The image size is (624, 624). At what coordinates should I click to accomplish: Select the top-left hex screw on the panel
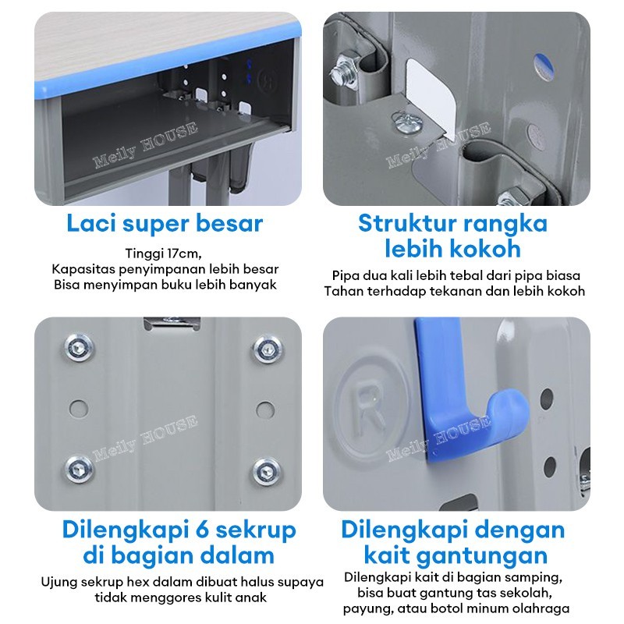pyautogui.click(x=80, y=347)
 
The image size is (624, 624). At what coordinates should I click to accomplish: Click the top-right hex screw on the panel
pyautogui.click(x=268, y=349)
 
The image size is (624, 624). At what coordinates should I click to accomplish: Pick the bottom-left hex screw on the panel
pyautogui.click(x=80, y=469)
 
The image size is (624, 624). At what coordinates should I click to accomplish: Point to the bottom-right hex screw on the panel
pyautogui.click(x=266, y=472)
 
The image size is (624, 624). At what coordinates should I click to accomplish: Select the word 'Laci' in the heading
pyautogui.click(x=91, y=223)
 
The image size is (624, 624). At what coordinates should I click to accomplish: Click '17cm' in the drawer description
pyautogui.click(x=183, y=253)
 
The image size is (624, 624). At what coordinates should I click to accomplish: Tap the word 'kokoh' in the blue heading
pyautogui.click(x=487, y=249)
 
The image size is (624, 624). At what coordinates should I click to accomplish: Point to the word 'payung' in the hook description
pyautogui.click(x=367, y=609)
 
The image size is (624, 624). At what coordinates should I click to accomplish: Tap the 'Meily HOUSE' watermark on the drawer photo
pyautogui.click(x=145, y=145)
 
